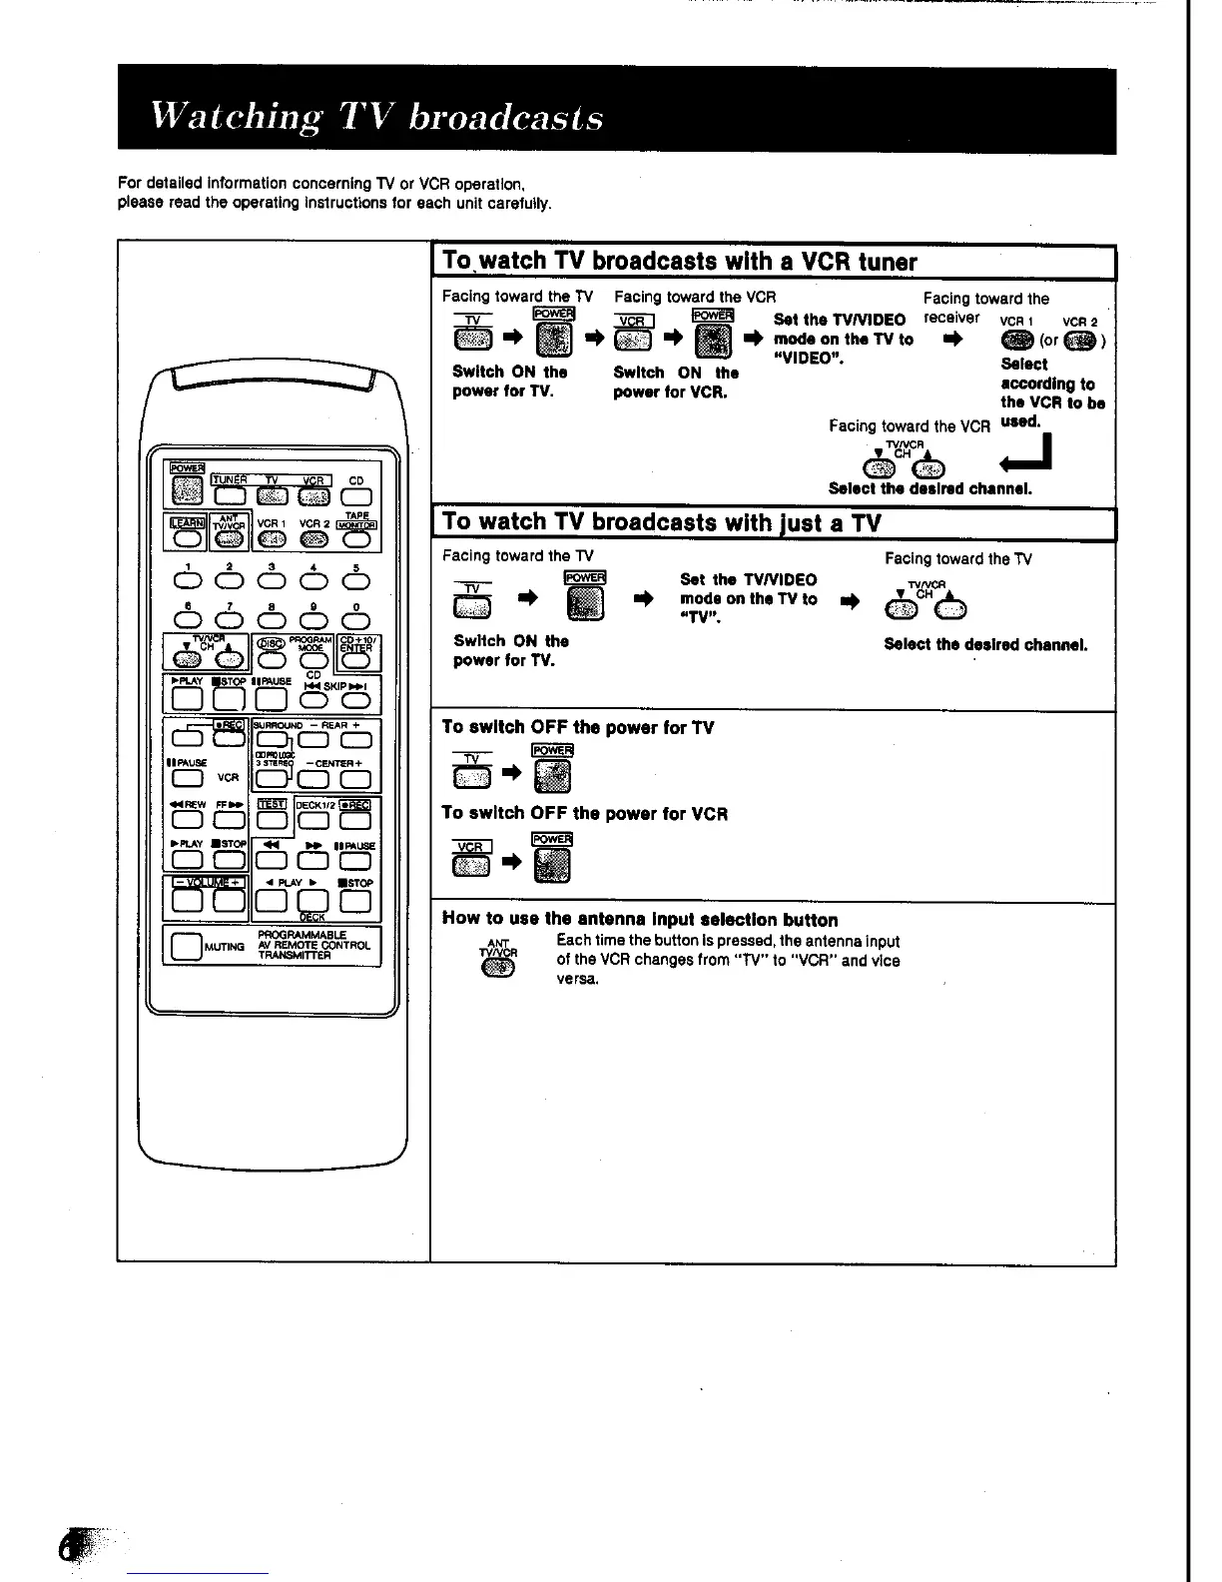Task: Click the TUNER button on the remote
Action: pos(230,496)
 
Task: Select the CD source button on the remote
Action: pos(356,496)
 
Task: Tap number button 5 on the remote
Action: pos(355,581)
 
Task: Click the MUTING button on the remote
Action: pos(186,945)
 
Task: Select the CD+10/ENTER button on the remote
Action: pos(355,658)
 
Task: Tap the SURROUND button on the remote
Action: pos(271,740)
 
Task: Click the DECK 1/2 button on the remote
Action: pos(312,821)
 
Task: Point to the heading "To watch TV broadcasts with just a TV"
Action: pos(663,522)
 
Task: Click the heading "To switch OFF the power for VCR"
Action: pos(584,814)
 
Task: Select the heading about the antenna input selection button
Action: pos(640,920)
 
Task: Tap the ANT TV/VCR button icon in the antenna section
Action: pos(498,966)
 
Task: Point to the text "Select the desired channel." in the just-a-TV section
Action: pos(985,645)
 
